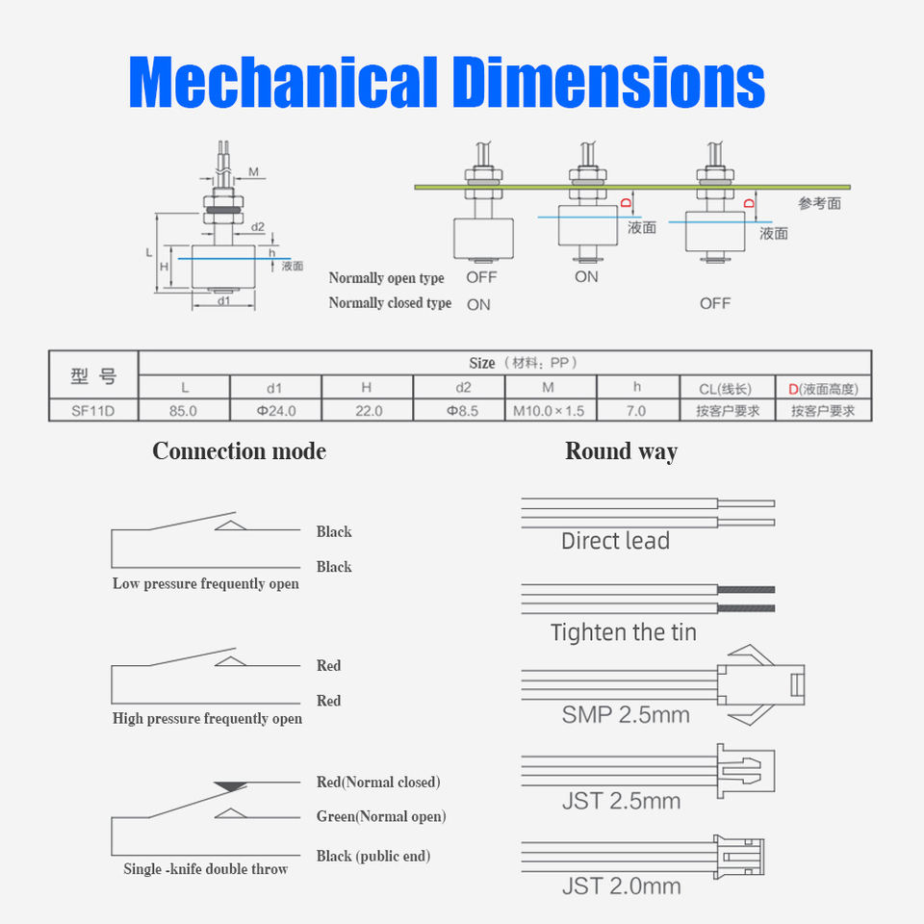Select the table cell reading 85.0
click(x=183, y=410)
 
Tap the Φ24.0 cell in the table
click(x=274, y=410)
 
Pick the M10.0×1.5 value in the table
click(x=549, y=410)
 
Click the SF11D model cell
click(x=93, y=410)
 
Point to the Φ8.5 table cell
click(x=458, y=410)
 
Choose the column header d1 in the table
click(x=274, y=387)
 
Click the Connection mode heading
click(x=239, y=451)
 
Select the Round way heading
click(x=621, y=451)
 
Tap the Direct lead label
click(x=615, y=541)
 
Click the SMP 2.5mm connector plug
click(x=766, y=684)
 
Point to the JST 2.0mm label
click(x=621, y=885)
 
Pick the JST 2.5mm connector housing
click(x=745, y=770)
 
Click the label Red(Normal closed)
click(x=378, y=783)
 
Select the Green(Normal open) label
click(x=381, y=817)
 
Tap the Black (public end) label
click(x=373, y=857)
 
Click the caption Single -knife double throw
click(x=206, y=869)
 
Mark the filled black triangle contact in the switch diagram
click(x=230, y=786)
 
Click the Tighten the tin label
click(x=623, y=632)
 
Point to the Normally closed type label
click(x=390, y=303)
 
